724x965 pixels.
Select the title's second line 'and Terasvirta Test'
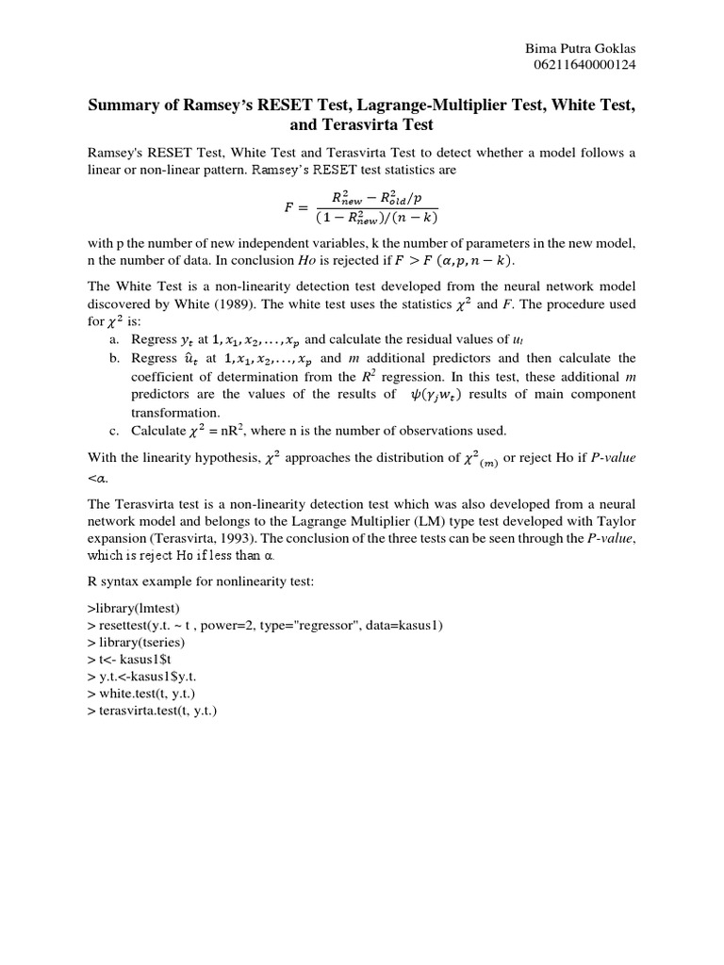[361, 126]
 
